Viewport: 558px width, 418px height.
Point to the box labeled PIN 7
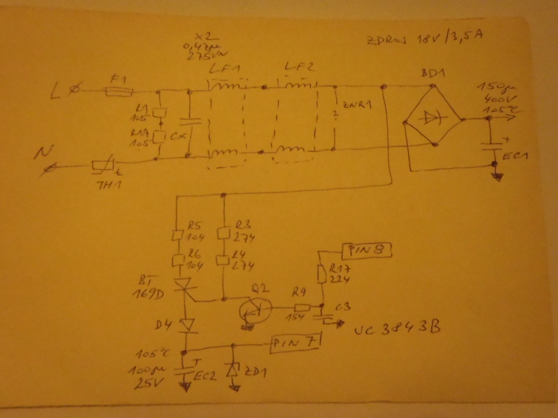coord(296,342)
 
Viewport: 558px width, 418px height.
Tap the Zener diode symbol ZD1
coord(232,369)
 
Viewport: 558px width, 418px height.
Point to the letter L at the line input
coord(57,90)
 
